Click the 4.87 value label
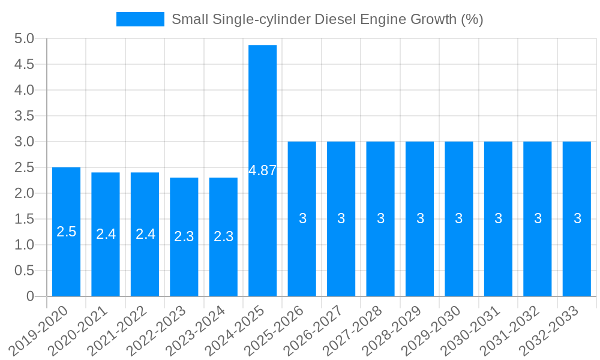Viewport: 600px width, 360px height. (x=263, y=170)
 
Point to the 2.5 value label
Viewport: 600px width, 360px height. (x=66, y=232)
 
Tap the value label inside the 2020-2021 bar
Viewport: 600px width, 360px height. (x=106, y=234)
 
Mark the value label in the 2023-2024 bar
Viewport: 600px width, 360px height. (x=223, y=236)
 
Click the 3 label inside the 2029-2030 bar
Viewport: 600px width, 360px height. (x=459, y=218)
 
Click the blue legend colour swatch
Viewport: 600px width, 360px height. (x=140, y=19)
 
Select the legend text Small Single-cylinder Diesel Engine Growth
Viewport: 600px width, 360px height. (x=327, y=19)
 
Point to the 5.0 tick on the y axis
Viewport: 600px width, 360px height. (x=24, y=38)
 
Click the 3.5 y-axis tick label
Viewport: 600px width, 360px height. (x=24, y=116)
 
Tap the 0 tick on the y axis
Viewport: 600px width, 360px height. (x=30, y=296)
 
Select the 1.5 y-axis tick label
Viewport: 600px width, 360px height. (x=24, y=219)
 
